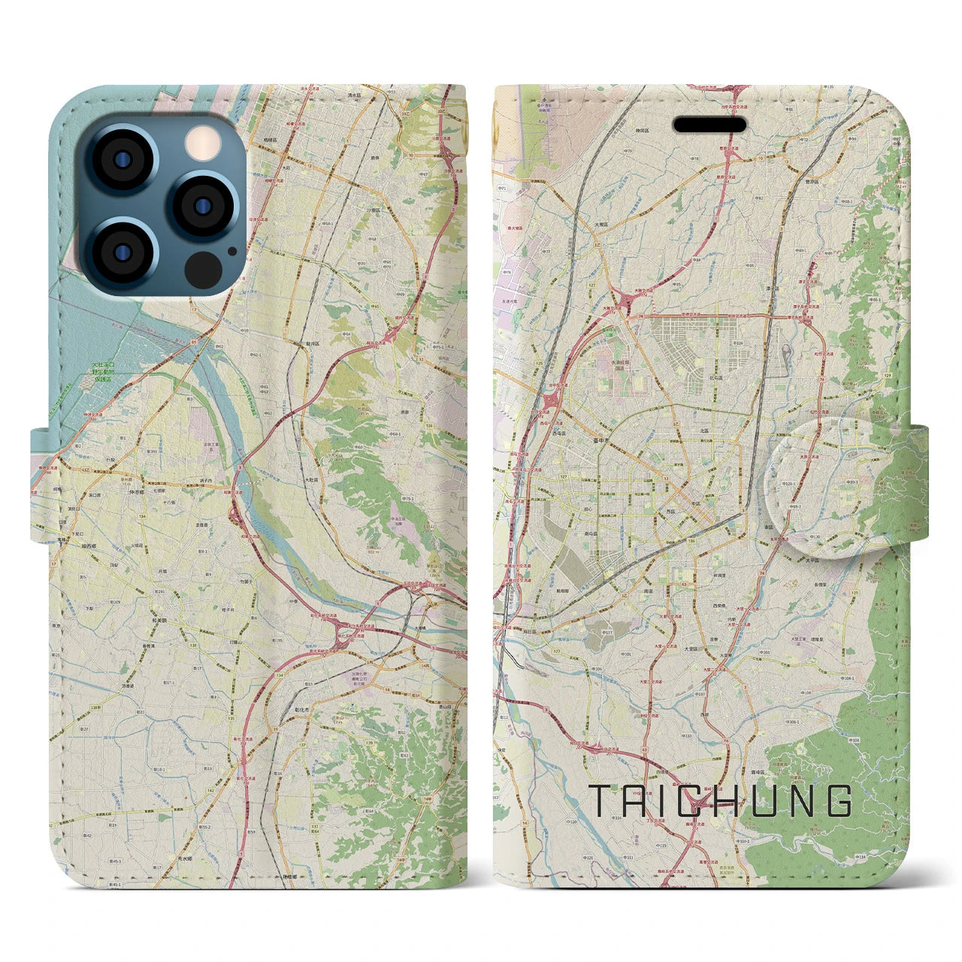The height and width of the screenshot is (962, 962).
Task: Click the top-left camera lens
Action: point(122,160)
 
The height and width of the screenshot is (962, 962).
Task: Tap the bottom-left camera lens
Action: point(122,251)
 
